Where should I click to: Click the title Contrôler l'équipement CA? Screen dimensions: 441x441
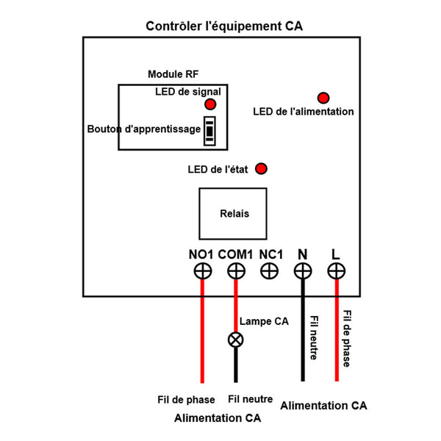[224, 26]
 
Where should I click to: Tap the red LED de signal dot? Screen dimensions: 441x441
[210, 104]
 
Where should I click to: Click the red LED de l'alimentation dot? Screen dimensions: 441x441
[323, 98]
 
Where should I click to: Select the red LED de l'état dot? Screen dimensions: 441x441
[261, 169]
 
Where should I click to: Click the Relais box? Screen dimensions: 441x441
[234, 214]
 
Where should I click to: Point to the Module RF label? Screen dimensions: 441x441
[173, 75]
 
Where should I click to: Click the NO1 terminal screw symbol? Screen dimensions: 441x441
[202, 272]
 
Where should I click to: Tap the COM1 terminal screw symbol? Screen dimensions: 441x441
[236, 272]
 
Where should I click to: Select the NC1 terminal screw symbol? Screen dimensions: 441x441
[270, 272]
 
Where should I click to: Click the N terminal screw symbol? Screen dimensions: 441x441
[303, 272]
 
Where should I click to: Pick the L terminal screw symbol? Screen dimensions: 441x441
[337, 272]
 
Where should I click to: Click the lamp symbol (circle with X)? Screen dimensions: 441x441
[236, 340]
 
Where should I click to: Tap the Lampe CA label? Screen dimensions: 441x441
[264, 322]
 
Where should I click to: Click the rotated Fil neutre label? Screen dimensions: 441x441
[315, 338]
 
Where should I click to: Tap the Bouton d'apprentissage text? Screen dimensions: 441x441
[144, 129]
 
